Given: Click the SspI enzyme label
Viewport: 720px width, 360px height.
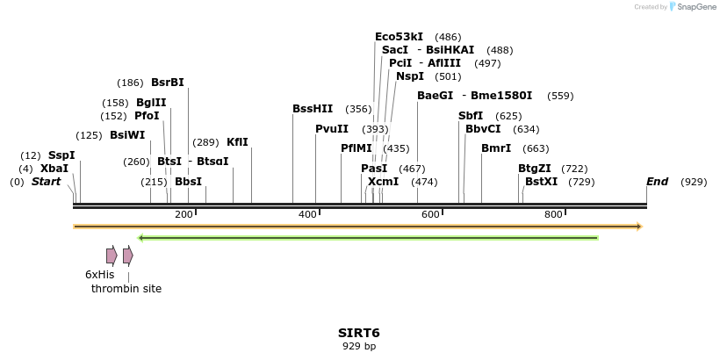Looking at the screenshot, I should [61, 155].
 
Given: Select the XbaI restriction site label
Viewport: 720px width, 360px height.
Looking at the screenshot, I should [54, 169].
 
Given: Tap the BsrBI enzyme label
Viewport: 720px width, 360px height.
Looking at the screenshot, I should [168, 83].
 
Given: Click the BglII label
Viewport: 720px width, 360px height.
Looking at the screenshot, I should [151, 103].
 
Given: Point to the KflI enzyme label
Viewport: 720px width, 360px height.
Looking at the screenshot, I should [237, 142].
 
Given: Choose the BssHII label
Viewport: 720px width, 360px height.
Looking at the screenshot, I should [313, 109].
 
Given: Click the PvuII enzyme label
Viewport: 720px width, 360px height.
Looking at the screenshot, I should [332, 129].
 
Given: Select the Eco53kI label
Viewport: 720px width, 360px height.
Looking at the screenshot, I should [399, 37].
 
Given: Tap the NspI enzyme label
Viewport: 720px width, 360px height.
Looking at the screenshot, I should [410, 76].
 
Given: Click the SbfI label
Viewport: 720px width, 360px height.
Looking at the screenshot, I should [471, 116].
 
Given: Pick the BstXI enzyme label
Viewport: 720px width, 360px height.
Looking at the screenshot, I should [541, 182].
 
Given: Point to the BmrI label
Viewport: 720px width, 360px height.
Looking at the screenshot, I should [496, 148].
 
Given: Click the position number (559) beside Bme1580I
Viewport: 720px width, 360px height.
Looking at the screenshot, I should [560, 96].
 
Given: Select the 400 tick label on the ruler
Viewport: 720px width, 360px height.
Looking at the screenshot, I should [307, 215].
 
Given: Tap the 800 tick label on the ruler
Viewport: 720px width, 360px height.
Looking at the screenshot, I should [553, 215].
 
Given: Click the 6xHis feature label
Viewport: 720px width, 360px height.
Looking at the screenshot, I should [100, 275].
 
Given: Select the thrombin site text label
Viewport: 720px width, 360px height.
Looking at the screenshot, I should [126, 289].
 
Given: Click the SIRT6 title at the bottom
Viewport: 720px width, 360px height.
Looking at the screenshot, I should [359, 333].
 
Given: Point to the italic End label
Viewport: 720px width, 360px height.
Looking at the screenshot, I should [658, 182].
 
